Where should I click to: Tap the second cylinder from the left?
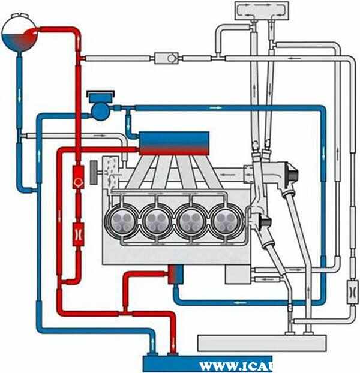(157, 221)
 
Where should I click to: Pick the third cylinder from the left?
(193, 221)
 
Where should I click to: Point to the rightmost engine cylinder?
(227, 221)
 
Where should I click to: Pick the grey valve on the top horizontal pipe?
(168, 58)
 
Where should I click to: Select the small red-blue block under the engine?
(175, 274)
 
